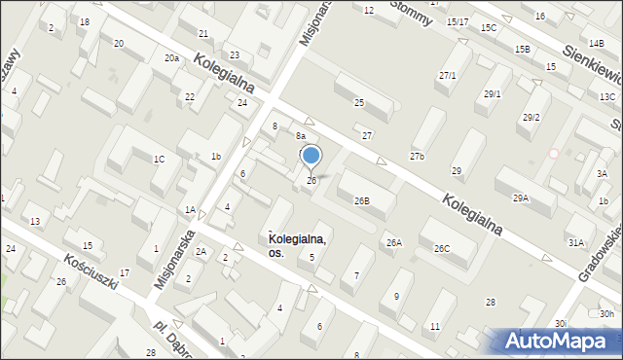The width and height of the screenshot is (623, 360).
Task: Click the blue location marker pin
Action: (x=311, y=156)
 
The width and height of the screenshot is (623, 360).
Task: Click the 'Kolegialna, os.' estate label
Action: (x=297, y=245)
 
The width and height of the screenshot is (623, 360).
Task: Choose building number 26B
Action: (x=361, y=201)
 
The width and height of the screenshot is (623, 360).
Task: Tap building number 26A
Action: (x=394, y=243)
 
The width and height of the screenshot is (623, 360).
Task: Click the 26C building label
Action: (x=442, y=249)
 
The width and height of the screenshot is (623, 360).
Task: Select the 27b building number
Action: (x=417, y=157)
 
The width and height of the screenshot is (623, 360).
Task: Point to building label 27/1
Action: (x=448, y=76)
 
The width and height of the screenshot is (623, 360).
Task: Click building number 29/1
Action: (x=493, y=94)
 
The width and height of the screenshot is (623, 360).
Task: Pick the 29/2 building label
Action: (x=531, y=118)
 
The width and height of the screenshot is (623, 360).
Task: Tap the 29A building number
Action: (x=521, y=198)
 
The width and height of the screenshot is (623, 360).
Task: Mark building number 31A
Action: (x=576, y=243)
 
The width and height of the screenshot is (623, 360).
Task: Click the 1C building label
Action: (x=158, y=159)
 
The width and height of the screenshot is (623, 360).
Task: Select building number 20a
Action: (x=171, y=58)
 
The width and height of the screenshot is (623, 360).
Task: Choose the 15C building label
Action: (x=489, y=28)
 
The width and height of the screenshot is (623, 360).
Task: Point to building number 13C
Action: (x=607, y=97)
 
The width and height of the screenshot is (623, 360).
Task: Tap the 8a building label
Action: (x=302, y=136)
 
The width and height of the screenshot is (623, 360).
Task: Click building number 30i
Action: (x=561, y=323)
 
